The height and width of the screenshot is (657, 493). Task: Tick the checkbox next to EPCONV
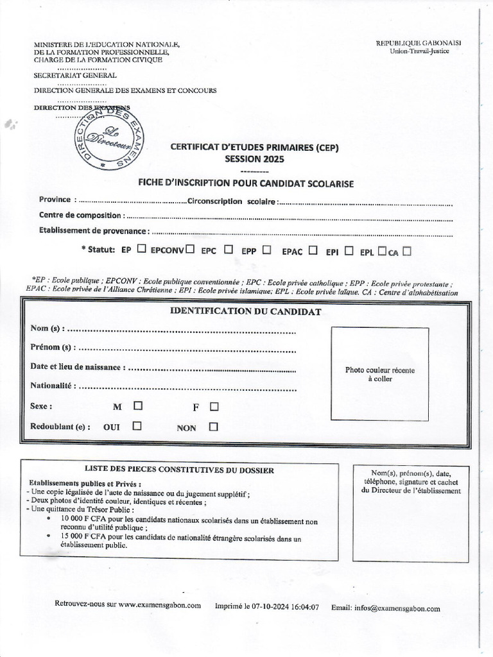coord(190,250)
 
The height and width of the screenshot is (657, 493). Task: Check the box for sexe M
coord(138,406)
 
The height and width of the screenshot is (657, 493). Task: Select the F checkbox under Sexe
coord(214,406)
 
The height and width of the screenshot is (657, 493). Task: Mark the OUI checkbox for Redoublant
coord(137,426)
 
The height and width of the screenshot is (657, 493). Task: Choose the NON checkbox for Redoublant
coord(214,427)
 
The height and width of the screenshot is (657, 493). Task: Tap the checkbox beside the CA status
coord(406,252)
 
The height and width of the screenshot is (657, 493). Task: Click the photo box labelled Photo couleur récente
coord(379,374)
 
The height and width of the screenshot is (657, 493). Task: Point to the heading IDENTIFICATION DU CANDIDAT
coord(245,312)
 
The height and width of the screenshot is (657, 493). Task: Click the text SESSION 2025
coord(254,159)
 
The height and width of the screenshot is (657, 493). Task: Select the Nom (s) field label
coord(47,329)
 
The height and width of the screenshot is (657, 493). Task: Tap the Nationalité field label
coord(53,386)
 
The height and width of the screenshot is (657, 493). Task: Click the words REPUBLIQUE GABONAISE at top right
coord(419,43)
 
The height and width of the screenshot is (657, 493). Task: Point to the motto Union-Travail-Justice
coord(419,51)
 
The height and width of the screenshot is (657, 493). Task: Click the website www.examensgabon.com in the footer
coord(159,605)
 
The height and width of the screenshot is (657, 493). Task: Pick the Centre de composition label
coord(80,216)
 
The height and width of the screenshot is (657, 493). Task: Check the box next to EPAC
coord(313,251)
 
